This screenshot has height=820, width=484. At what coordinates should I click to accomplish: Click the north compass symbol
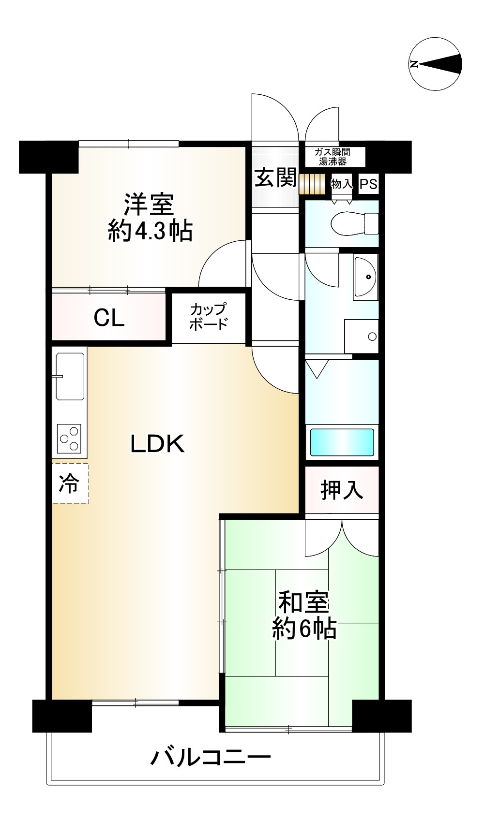click(435, 64)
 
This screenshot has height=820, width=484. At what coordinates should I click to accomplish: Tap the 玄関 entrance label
click(275, 178)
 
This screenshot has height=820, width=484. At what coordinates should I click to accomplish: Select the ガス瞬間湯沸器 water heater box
click(335, 157)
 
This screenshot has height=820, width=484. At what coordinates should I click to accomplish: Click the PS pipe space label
click(368, 184)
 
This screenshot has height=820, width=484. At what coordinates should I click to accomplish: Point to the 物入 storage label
click(342, 184)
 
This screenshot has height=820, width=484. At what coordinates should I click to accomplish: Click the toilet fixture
click(354, 223)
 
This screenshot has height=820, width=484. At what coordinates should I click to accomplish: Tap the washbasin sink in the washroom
click(365, 277)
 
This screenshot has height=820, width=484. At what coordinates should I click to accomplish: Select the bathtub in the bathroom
click(342, 442)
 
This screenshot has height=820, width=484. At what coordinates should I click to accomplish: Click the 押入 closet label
click(342, 490)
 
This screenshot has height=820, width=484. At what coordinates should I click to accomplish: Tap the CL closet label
click(109, 318)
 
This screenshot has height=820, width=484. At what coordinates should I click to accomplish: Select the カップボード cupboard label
click(209, 317)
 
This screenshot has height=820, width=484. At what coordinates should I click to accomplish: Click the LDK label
click(158, 444)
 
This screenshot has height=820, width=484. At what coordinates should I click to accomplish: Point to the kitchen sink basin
click(70, 376)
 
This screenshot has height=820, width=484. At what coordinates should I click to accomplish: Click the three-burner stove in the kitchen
click(69, 439)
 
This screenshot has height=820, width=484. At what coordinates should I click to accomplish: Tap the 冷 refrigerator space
click(70, 483)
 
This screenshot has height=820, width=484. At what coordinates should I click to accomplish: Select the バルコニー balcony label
click(211, 757)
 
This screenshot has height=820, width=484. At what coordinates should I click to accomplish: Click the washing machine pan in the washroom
click(361, 337)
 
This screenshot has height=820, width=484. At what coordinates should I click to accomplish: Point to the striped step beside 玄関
click(312, 184)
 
